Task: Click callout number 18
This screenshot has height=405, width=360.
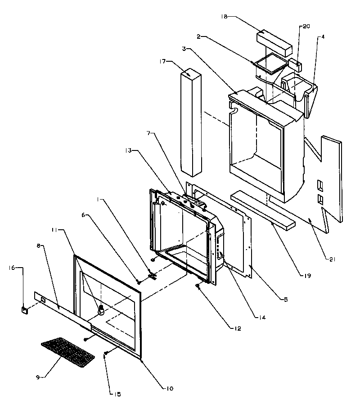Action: point(224,16)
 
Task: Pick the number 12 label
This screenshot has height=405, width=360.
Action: point(237,328)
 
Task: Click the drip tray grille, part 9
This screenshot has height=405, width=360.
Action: point(68,350)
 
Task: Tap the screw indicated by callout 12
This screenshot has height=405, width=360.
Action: point(198,286)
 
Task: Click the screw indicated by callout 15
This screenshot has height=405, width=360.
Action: point(105,353)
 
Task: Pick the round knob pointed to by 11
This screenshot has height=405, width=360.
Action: point(101,309)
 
